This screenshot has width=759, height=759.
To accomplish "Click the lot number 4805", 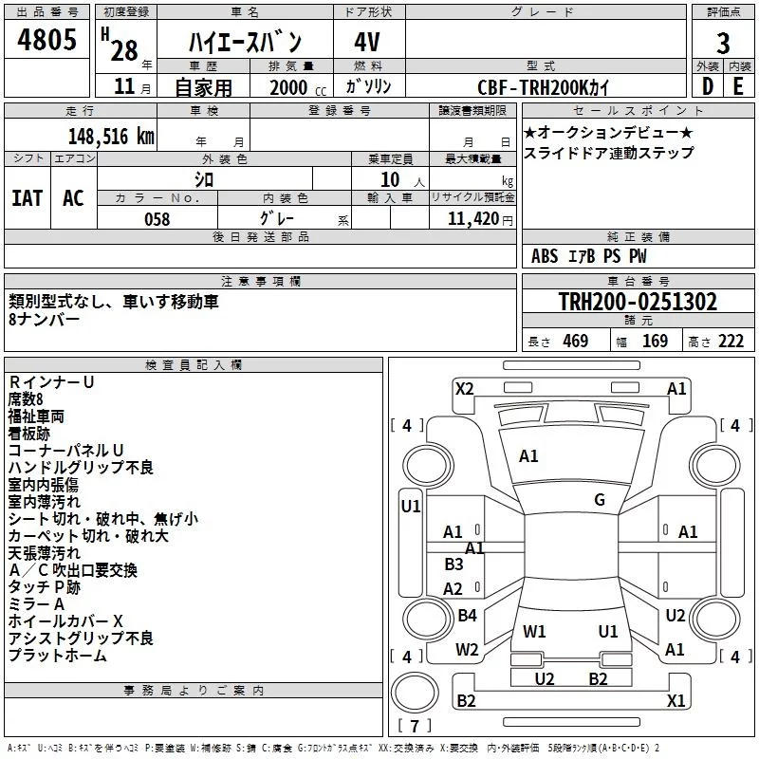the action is pyautogui.click(x=46, y=40).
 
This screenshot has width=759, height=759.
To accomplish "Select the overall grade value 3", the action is pyautogui.click(x=723, y=44).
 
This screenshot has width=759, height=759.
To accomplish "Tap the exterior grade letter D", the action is pyautogui.click(x=708, y=86).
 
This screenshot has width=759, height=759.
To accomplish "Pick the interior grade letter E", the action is pyautogui.click(x=738, y=86).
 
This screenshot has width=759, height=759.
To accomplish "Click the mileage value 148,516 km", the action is pyautogui.click(x=111, y=136).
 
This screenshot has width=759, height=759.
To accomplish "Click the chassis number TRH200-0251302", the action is pyautogui.click(x=638, y=301).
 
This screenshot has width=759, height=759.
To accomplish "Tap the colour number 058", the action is pyautogui.click(x=157, y=219).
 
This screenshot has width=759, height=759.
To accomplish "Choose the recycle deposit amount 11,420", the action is pyautogui.click(x=472, y=219).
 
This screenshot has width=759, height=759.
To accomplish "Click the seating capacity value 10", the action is pyautogui.click(x=390, y=179).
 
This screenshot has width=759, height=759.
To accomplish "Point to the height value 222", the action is pyautogui.click(x=731, y=341).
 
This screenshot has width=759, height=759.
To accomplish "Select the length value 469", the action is pyautogui.click(x=576, y=341).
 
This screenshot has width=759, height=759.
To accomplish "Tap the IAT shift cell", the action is pyautogui.click(x=28, y=198).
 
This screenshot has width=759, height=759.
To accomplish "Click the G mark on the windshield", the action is pyautogui.click(x=600, y=500).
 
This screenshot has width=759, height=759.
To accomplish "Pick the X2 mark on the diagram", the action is pyautogui.click(x=464, y=389).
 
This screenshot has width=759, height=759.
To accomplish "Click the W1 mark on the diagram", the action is pyautogui.click(x=534, y=631).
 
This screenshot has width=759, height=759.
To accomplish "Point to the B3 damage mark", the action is pyautogui.click(x=454, y=564).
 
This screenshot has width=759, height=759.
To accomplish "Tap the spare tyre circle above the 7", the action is pyautogui.click(x=415, y=693).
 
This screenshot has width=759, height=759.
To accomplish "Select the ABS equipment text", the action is pyautogui.click(x=545, y=256).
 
